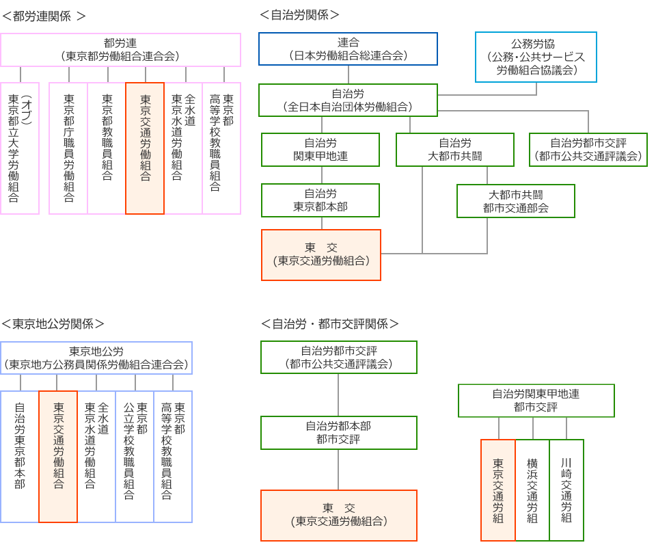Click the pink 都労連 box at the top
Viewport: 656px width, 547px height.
pos(120,49)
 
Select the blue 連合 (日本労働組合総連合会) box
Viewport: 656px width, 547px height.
pos(348,49)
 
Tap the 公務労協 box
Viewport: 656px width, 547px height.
pos(536,57)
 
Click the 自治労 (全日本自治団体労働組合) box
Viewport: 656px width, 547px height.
pos(348,100)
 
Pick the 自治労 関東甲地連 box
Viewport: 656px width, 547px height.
pos(320,149)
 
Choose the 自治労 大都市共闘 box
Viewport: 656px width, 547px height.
pos(455,149)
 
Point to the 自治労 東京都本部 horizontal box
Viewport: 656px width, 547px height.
pos(320,200)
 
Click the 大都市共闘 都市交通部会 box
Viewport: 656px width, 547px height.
pos(516,200)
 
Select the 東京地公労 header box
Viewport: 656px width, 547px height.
pos(96,358)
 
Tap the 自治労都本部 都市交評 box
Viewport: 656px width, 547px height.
pos(339,432)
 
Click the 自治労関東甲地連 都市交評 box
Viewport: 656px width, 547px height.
pos(536,400)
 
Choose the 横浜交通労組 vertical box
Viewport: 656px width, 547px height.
pos(532,490)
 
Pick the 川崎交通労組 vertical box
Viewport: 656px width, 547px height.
pos(566,490)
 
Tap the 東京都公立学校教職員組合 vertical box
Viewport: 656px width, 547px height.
pos(135,456)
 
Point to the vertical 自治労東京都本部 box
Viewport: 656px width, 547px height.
pos(20,456)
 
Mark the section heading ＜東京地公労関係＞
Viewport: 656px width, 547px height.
pos(53,323)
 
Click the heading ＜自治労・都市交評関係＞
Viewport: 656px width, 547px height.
pos(330,323)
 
